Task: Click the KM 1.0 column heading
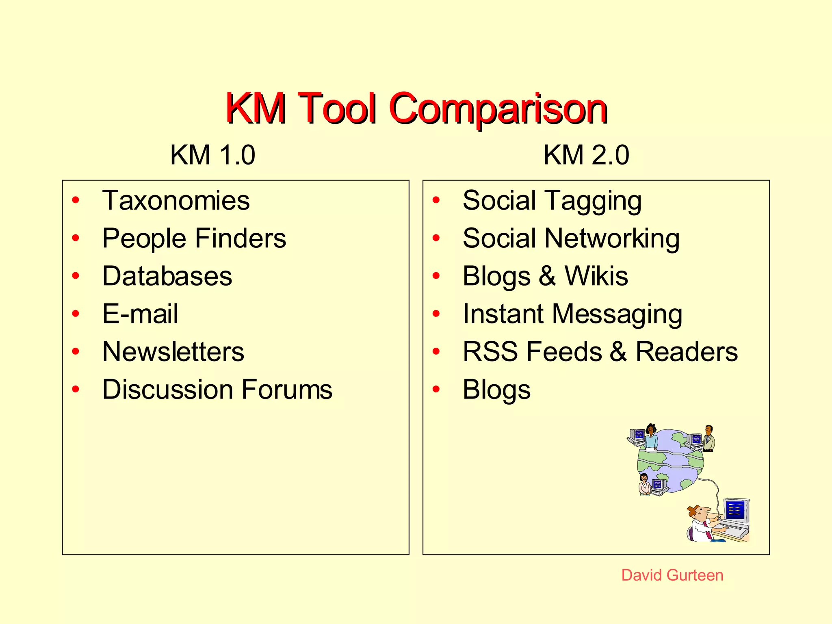(x=212, y=155)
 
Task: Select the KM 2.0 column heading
(x=586, y=155)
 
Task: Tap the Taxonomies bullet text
(x=176, y=200)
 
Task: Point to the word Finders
(x=241, y=238)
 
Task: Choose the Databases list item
(x=167, y=276)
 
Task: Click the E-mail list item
(x=140, y=314)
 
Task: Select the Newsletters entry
(x=173, y=351)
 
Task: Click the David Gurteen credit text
(x=672, y=575)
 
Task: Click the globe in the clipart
(x=670, y=461)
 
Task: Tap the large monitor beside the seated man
(x=736, y=510)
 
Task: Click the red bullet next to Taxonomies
(x=76, y=200)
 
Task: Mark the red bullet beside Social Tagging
(x=436, y=200)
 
